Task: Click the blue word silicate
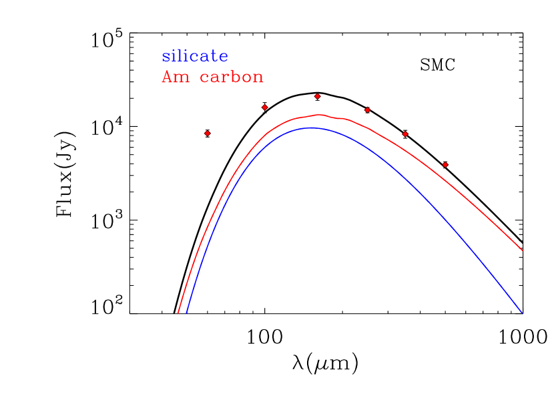pos(195,57)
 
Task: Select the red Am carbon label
pos(212,77)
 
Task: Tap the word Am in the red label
pos(176,77)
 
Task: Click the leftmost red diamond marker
pos(207,134)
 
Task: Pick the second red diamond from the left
pos(265,107)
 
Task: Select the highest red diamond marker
pos(317,96)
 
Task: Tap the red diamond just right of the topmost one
pos(367,110)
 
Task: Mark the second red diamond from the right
pos(405,134)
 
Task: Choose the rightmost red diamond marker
pos(445,164)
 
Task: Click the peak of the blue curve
pos(310,128)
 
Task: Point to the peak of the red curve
pos(320,115)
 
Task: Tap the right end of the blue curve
pos(522,313)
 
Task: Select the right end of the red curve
pos(522,251)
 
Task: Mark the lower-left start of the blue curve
pos(186,313)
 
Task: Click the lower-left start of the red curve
pos(178,313)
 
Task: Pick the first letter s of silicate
pos(166,57)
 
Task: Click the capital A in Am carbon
pos(167,77)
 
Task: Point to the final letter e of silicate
pos(224,57)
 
